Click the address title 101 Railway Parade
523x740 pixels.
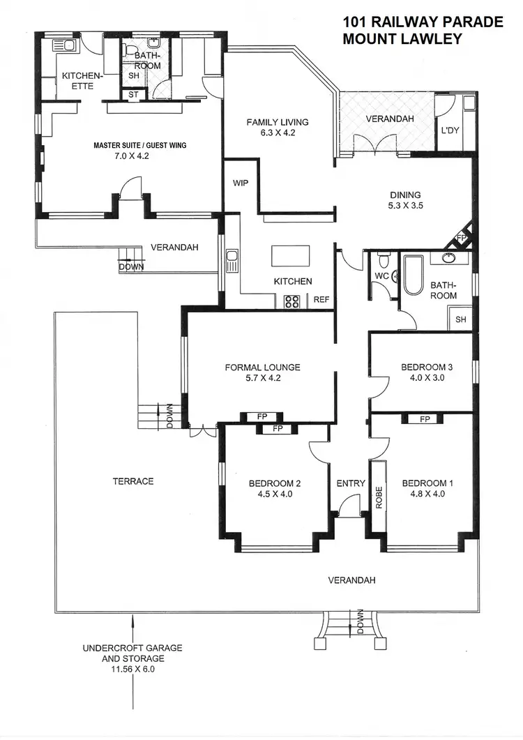click(x=423, y=22)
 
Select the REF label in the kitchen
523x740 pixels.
click(x=321, y=301)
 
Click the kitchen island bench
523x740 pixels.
click(x=286, y=256)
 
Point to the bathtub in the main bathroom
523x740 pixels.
click(x=411, y=277)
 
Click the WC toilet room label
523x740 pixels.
click(x=381, y=276)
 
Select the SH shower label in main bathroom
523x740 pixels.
click(x=461, y=319)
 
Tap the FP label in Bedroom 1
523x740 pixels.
click(x=423, y=419)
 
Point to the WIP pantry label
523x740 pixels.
click(x=241, y=183)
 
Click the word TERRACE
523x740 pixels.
click(x=132, y=481)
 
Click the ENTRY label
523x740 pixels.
click(x=351, y=483)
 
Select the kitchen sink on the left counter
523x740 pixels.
click(x=232, y=262)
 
